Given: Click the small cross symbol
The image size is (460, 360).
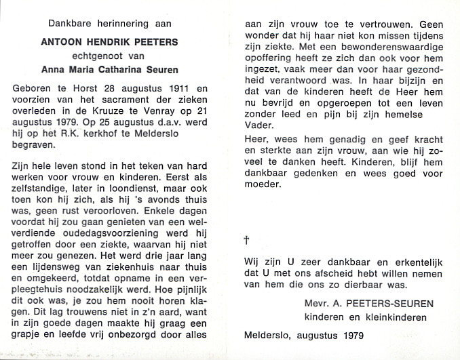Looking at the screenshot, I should pyautogui.click(x=246, y=240).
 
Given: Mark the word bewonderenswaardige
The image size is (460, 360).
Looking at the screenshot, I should pyautogui.click(x=384, y=47).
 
